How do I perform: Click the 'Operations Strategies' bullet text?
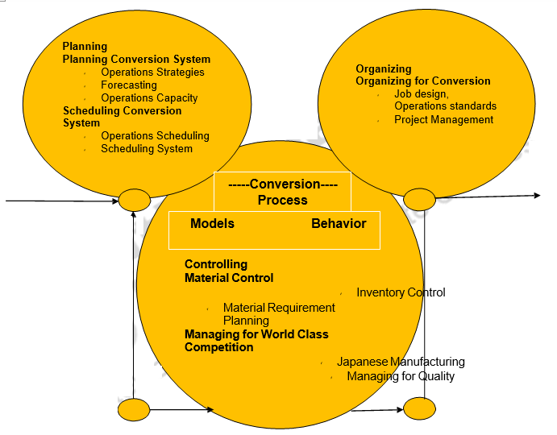(152, 72)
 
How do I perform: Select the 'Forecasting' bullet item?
(128, 85)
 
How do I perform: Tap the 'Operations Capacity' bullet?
(149, 98)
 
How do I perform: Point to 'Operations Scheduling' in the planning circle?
(155, 135)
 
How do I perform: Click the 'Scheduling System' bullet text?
(146, 148)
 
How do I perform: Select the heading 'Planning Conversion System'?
(136, 59)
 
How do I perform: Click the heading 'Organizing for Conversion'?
(423, 81)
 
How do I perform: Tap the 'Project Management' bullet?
(443, 119)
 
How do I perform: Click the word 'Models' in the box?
(212, 223)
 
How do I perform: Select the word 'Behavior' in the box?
(339, 223)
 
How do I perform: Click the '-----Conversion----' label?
(283, 184)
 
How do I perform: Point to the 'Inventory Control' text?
(401, 292)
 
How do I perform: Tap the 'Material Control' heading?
(229, 278)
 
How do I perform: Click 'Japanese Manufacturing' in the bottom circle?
(401, 362)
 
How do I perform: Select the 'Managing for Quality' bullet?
(401, 376)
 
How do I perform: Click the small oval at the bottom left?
(134, 409)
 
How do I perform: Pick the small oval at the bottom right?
(419, 408)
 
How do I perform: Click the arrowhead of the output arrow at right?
(536, 195)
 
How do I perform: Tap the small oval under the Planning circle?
(134, 200)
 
